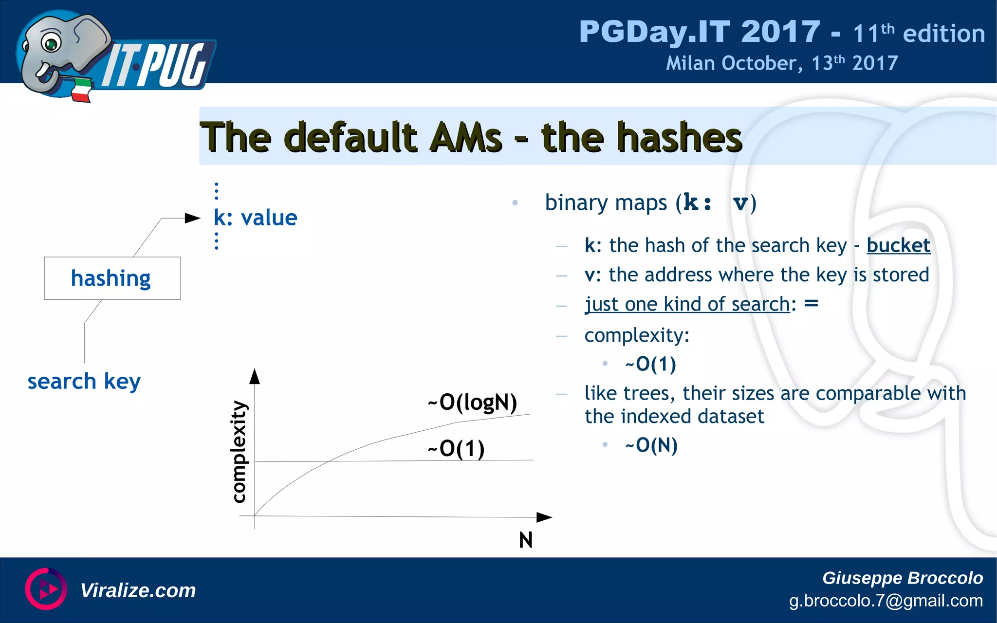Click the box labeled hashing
112,278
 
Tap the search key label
84,381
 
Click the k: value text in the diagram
255,218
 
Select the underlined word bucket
898,245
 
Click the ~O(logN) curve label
472,403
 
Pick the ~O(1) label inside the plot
456,448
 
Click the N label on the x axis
525,540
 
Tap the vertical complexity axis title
239,451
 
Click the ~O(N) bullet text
651,445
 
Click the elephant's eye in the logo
51,44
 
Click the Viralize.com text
138,590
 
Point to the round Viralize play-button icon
46,589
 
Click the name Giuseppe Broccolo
902,578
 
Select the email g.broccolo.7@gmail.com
886,601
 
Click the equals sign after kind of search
811,303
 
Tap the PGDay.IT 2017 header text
699,32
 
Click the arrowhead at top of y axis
255,376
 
